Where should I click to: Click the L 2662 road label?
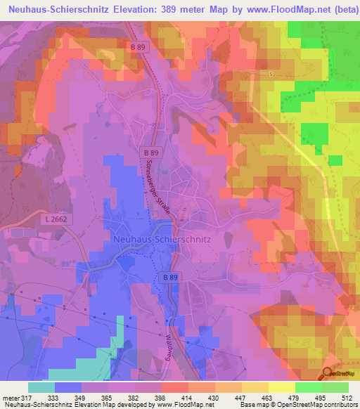56,220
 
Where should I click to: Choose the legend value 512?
348,398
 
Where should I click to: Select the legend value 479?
281,398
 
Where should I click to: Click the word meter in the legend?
8,398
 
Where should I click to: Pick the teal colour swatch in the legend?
41,387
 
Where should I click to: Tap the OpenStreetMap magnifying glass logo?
328,372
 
